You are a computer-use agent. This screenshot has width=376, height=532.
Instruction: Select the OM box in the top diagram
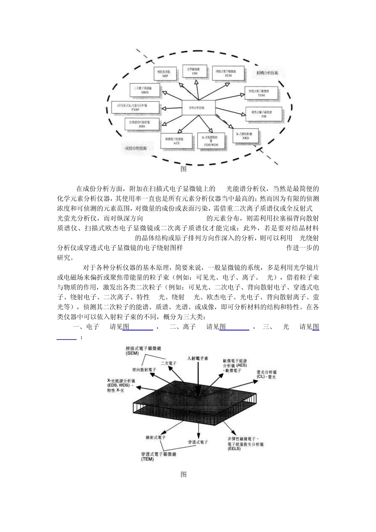pos(195,71)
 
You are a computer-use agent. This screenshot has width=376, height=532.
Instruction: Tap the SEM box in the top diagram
pos(228,73)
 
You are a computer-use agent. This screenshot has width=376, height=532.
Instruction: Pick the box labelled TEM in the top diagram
pos(261,93)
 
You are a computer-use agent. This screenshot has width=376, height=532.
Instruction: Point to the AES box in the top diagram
pos(177,141)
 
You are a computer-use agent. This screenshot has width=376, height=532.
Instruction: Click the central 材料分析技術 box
pos(199,108)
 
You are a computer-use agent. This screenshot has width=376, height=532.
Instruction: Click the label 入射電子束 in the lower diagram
pos(198,358)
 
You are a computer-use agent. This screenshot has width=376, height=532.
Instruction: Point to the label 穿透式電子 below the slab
pos(198,442)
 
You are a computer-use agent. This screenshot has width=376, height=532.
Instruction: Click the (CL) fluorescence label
pos(260,377)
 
